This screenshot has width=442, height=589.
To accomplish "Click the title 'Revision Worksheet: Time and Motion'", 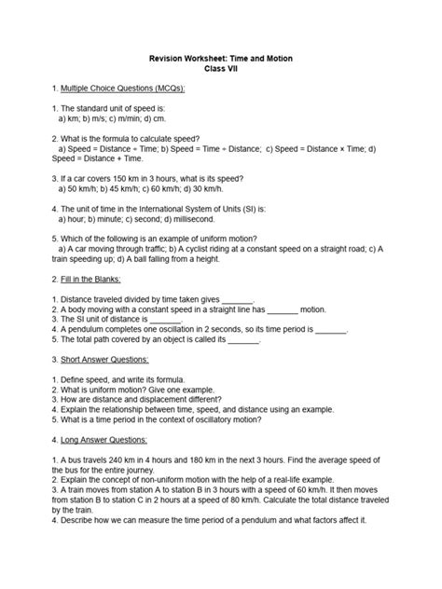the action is [220, 57].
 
